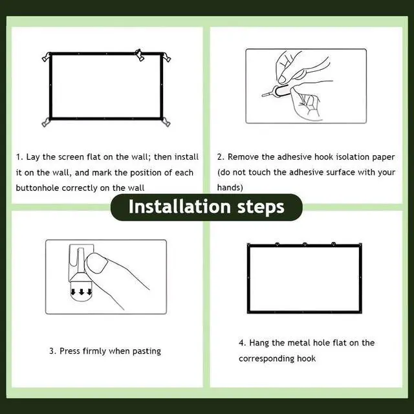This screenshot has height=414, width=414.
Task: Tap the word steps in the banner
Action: click(261, 207)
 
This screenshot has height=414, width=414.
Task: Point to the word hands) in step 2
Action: click(230, 188)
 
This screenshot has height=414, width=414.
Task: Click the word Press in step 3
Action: click(70, 351)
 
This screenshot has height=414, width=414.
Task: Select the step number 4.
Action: click(242, 343)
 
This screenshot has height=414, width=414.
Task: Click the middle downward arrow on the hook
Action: click(82, 292)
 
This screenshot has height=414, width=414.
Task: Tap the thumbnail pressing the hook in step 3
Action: click(97, 263)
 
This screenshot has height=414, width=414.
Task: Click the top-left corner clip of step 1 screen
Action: click(47, 57)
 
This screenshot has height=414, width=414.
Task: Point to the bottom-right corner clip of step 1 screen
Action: click(166, 122)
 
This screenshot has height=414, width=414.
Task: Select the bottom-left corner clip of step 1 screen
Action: click(46, 122)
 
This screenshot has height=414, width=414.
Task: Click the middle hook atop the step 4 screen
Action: click(305, 245)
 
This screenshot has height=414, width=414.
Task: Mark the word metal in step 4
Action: click(298, 343)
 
